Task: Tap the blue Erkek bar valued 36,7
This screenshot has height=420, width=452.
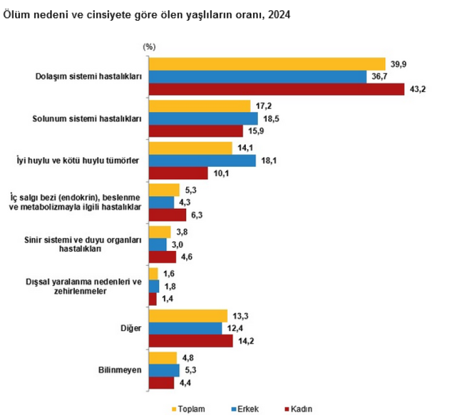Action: pos(257,76)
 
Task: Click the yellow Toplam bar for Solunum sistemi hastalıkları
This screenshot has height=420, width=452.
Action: pos(199,106)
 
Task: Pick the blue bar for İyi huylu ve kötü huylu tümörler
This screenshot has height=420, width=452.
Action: pos(202,161)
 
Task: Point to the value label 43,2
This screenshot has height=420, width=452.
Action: pos(417,89)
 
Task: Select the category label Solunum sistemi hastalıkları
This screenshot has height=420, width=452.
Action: pos(87,119)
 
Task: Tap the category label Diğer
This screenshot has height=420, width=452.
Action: pos(131,329)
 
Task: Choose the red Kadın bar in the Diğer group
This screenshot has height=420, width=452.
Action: pos(190,341)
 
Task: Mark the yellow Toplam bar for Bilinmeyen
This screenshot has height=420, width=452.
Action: pos(163,358)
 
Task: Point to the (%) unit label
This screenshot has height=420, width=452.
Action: pos(149,46)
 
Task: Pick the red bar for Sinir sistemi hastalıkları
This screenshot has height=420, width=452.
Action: pos(162,257)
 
